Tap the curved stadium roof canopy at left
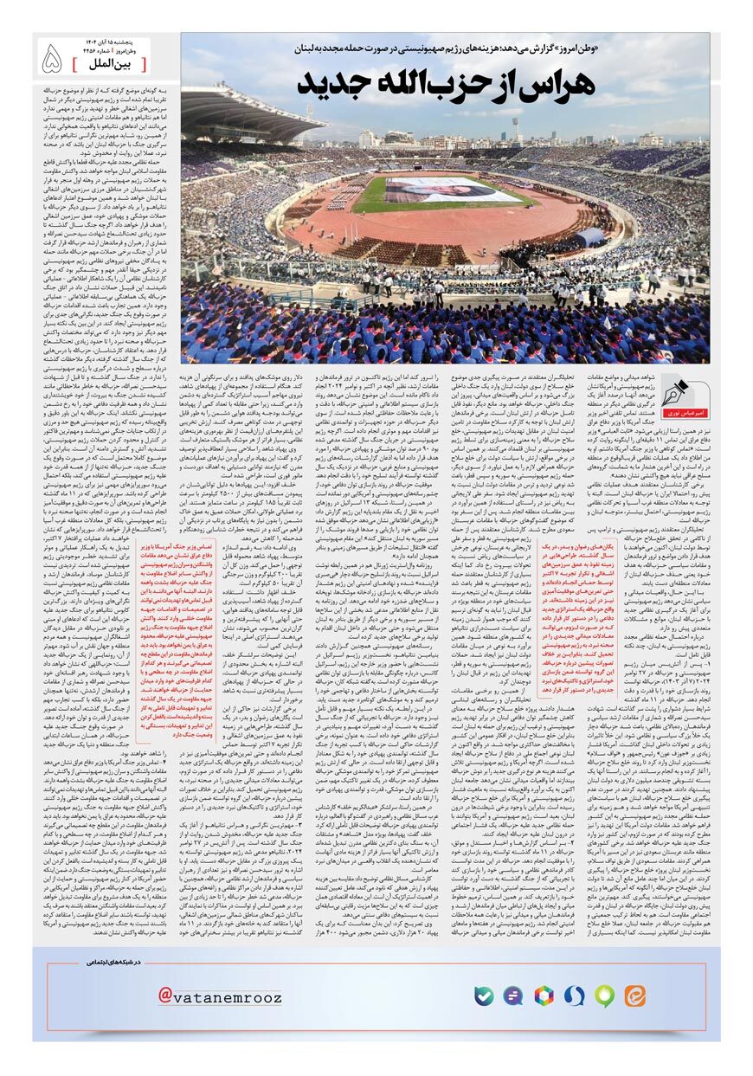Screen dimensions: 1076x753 (x=234, y=113)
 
